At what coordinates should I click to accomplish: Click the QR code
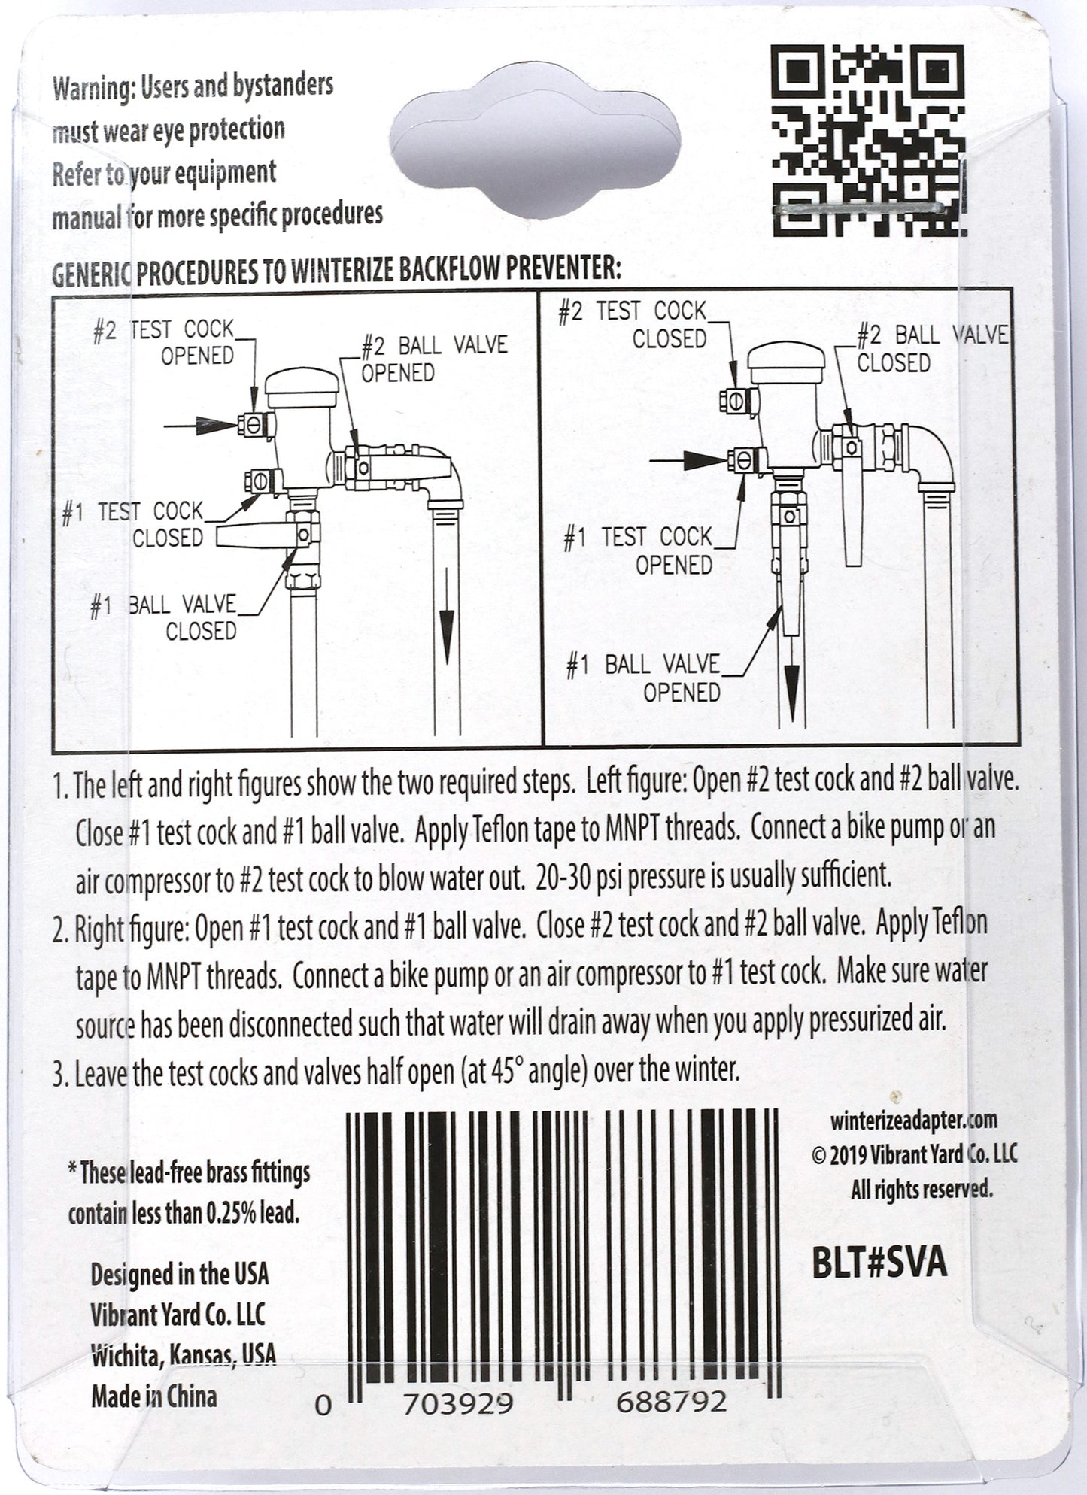pyautogui.click(x=867, y=138)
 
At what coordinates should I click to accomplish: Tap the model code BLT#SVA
pyautogui.click(x=879, y=1263)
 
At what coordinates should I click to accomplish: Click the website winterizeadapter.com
pyautogui.click(x=914, y=1120)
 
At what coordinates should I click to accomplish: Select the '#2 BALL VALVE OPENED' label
pyautogui.click(x=434, y=359)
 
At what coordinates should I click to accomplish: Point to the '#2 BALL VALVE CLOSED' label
pyautogui.click(x=932, y=348)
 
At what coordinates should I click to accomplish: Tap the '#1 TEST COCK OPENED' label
pyautogui.click(x=638, y=550)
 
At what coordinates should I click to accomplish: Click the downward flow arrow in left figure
pyautogui.click(x=447, y=617)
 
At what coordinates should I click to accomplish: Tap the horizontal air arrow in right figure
pyautogui.click(x=688, y=459)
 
